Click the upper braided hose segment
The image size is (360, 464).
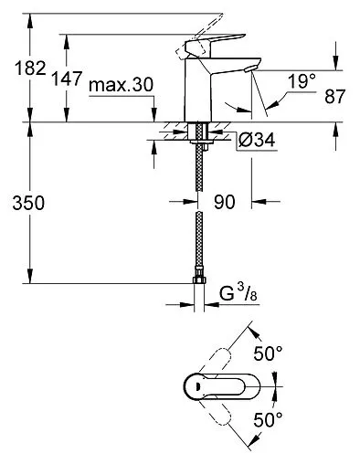(x=199, y=178)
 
